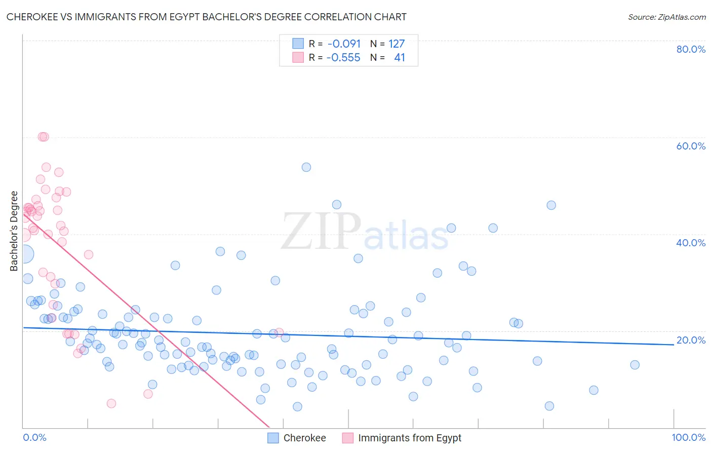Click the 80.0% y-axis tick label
[x=690, y=49]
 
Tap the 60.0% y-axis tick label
[x=690, y=146]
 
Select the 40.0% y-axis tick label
[x=690, y=243]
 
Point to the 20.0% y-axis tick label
[x=690, y=340]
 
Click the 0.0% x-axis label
[x=34, y=437]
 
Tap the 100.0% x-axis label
[x=688, y=437]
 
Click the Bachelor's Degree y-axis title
[x=14, y=231]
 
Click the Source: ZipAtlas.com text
[x=666, y=17]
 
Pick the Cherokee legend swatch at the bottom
[x=273, y=438]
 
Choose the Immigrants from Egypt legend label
[x=410, y=438]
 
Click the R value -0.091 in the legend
[x=344, y=44]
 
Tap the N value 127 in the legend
[x=397, y=44]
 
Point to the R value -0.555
[x=343, y=58]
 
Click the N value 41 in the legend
[x=400, y=58]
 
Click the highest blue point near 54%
[x=306, y=167]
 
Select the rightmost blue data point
[x=635, y=365]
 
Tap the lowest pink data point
[x=111, y=403]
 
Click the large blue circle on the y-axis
[x=25, y=254]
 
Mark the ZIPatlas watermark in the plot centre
[x=365, y=232]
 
